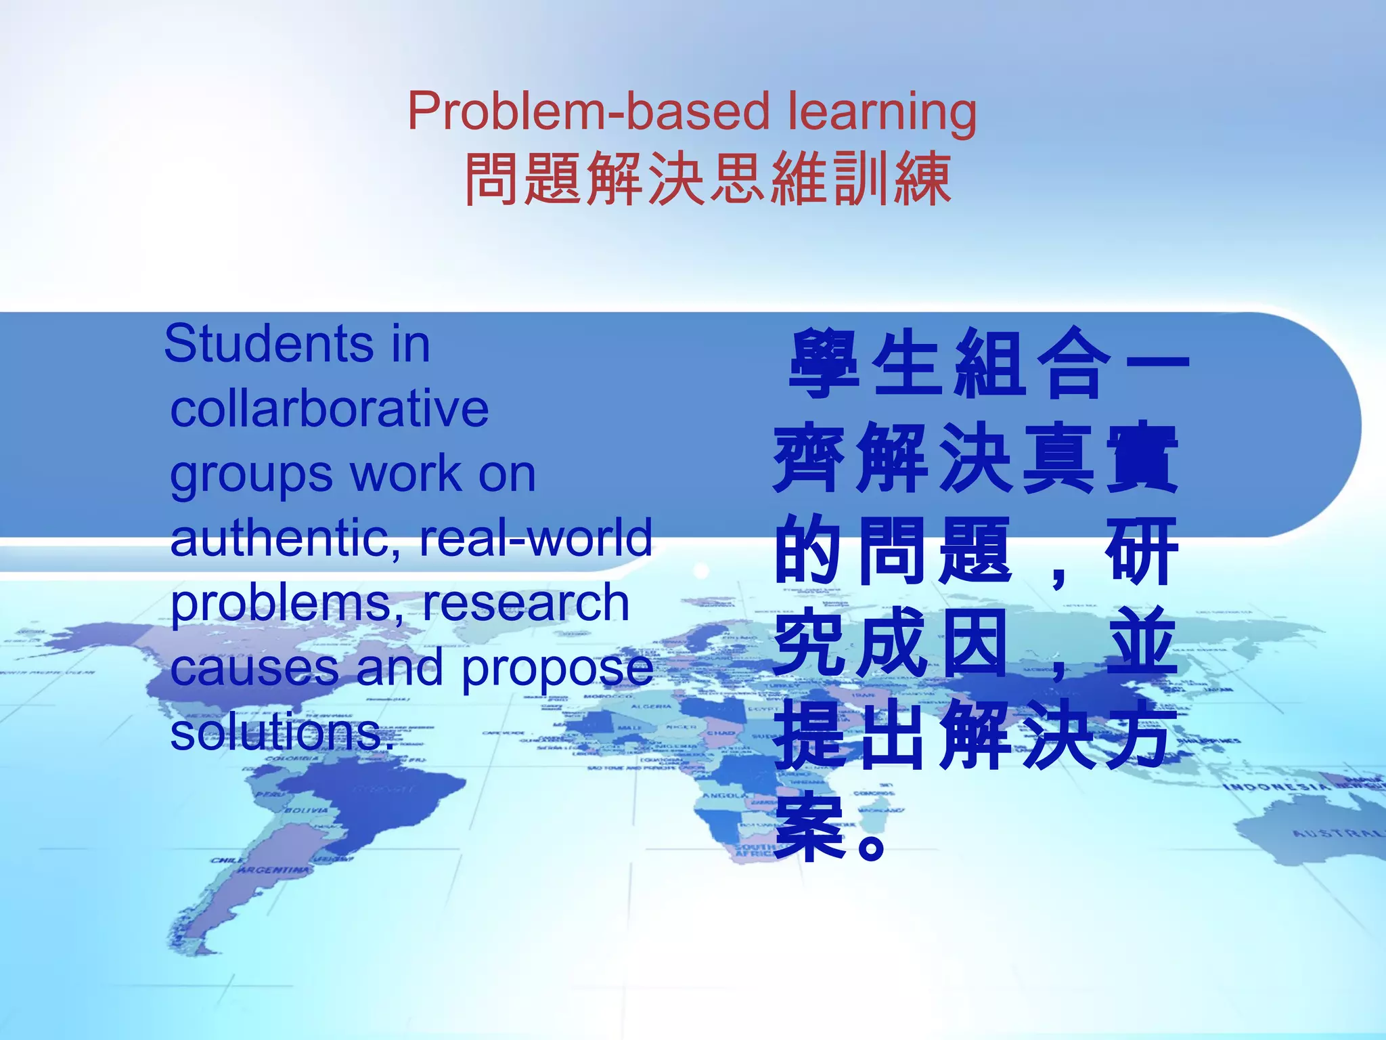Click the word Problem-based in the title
(588, 112)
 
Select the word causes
(254, 668)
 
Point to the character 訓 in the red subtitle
(862, 179)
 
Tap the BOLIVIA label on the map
(306, 810)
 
